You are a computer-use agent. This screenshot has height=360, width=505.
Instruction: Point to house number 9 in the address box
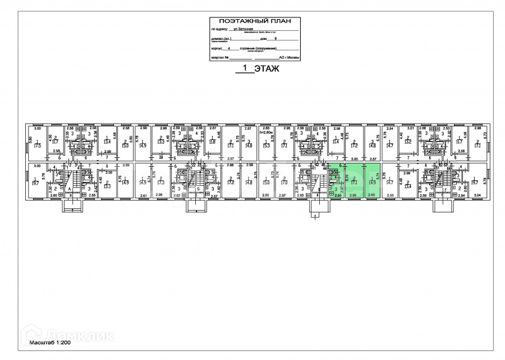(276, 39)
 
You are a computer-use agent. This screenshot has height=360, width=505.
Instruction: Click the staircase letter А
(69, 189)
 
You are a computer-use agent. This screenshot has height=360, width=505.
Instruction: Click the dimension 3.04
(478, 195)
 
